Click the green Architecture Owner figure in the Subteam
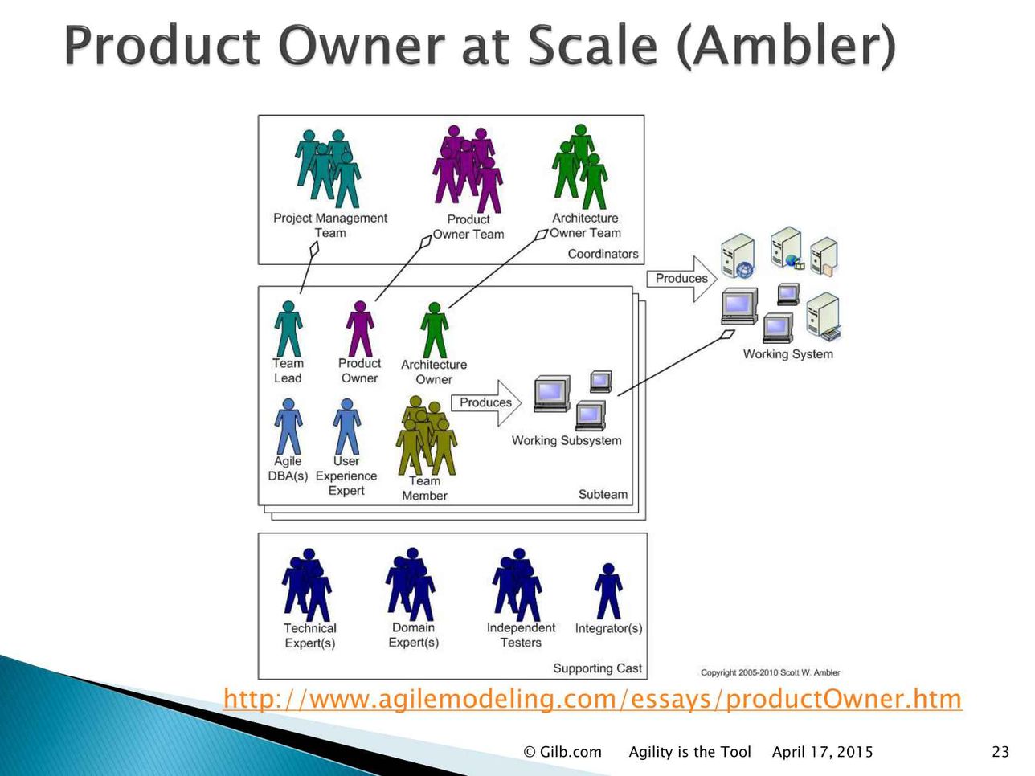click(x=434, y=330)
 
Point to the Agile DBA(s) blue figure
click(x=288, y=427)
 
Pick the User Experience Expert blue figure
click(x=346, y=427)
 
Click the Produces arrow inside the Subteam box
click(x=486, y=402)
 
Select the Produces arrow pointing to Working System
click(x=681, y=279)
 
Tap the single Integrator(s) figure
click(x=608, y=591)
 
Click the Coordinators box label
click(x=603, y=254)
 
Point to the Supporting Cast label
click(x=597, y=668)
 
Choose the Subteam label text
click(x=603, y=494)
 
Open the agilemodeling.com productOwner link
click(x=592, y=699)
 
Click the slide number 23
click(x=1000, y=752)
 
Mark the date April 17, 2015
click(x=822, y=752)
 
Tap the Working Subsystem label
click(x=567, y=440)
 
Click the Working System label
click(x=788, y=353)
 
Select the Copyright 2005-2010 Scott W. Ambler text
click(x=770, y=672)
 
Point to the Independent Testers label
click(x=521, y=635)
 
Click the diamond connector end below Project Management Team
click(x=313, y=249)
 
